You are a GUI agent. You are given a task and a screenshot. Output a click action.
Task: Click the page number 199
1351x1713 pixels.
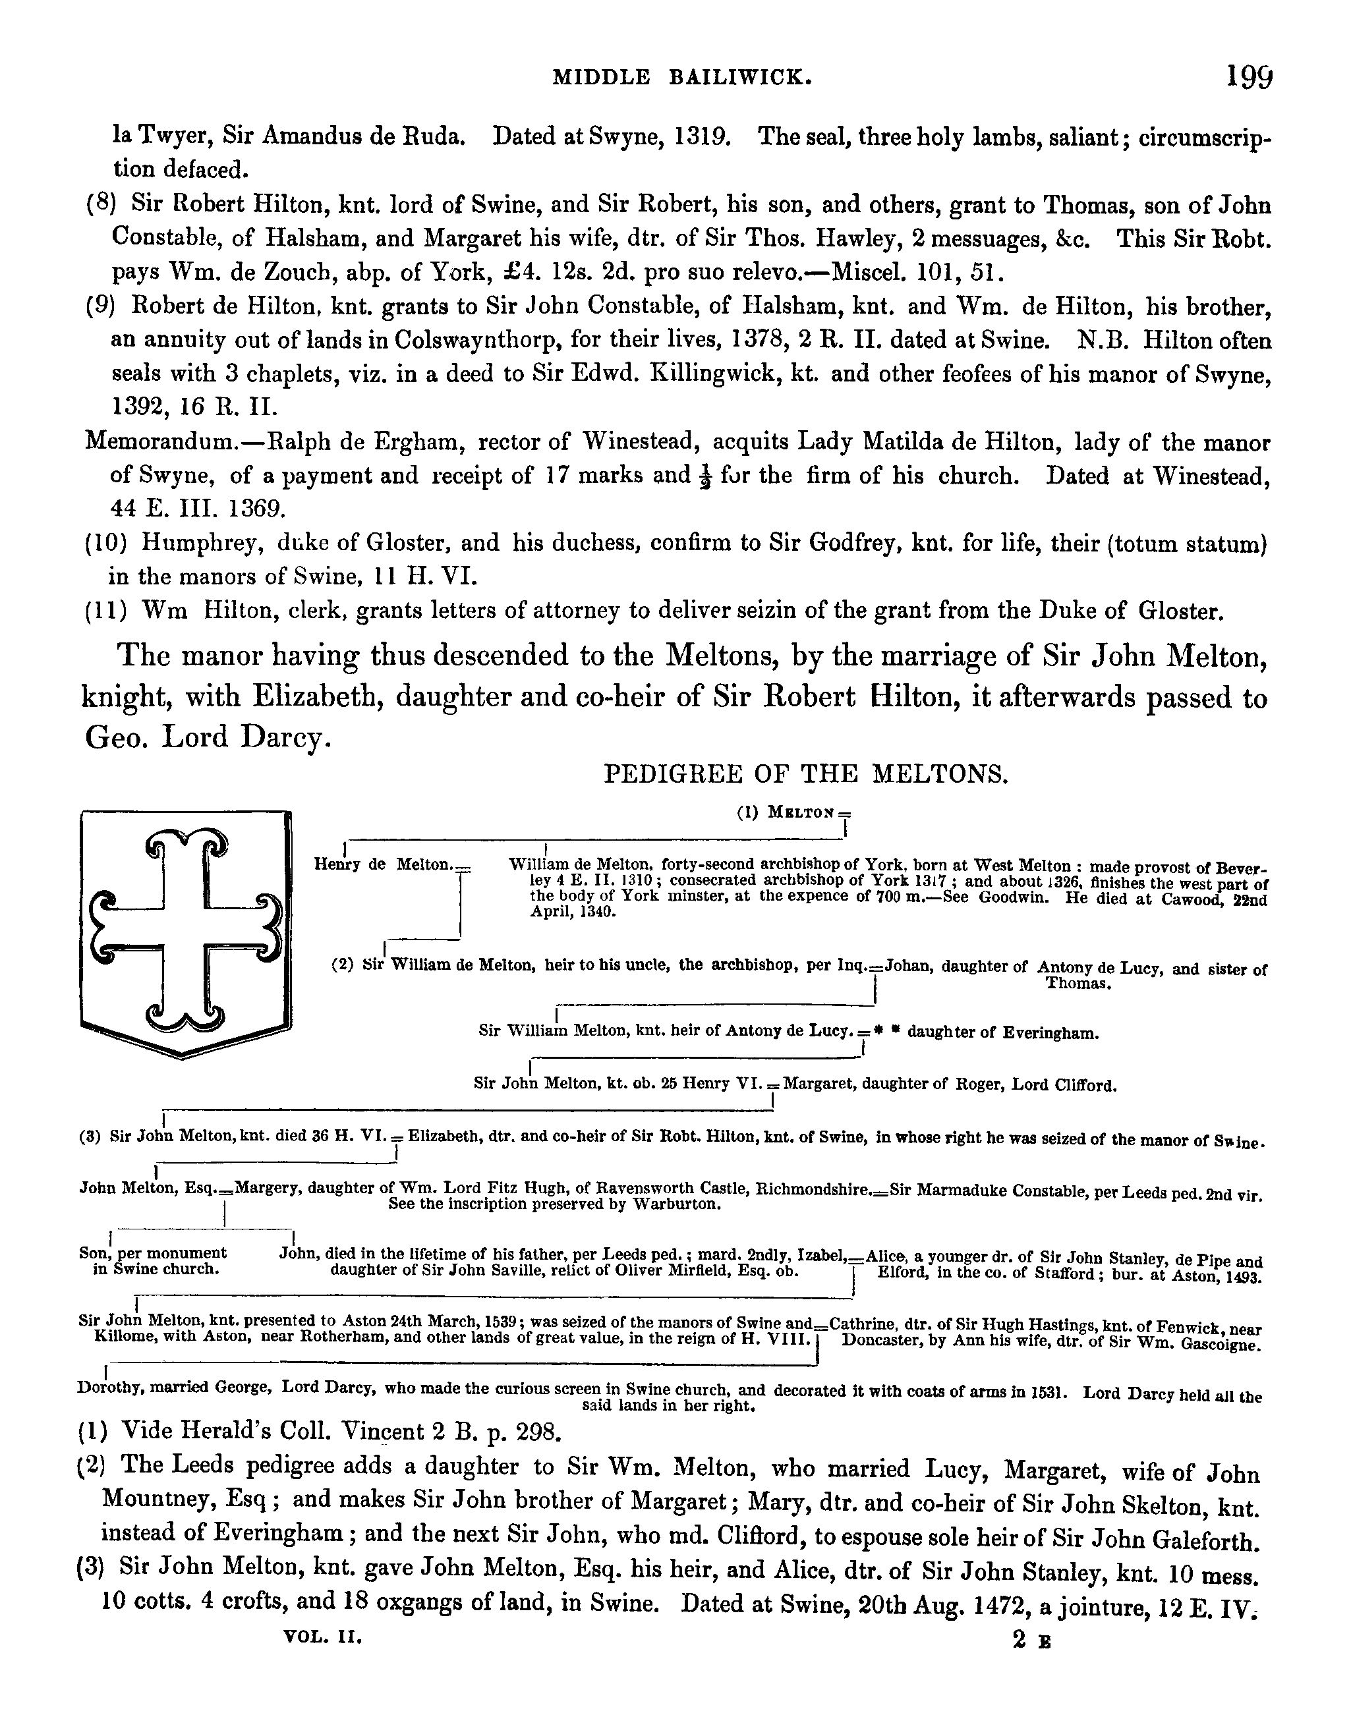click(x=1249, y=78)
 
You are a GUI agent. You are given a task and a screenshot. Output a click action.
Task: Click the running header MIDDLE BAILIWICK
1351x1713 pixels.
click(x=682, y=78)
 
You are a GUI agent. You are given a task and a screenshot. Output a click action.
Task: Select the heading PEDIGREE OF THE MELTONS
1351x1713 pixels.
click(x=806, y=773)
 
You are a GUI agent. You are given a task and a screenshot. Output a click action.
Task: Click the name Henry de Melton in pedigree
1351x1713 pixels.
click(x=383, y=865)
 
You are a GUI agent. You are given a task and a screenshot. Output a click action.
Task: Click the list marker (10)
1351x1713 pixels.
click(x=106, y=544)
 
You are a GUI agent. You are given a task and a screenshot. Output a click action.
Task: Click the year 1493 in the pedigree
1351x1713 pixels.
click(x=1240, y=1278)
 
